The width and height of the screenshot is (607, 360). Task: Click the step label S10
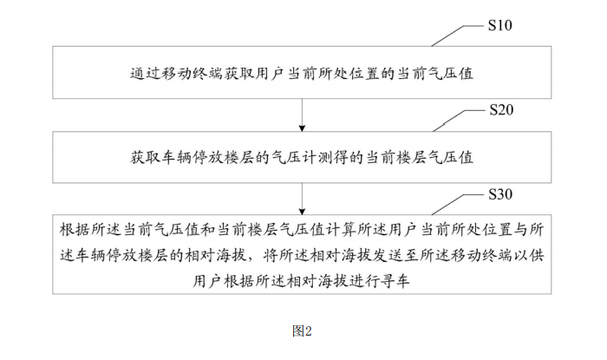tap(500, 25)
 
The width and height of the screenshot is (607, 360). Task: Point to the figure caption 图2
tap(302, 331)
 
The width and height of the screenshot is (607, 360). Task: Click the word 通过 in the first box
tap(136, 75)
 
